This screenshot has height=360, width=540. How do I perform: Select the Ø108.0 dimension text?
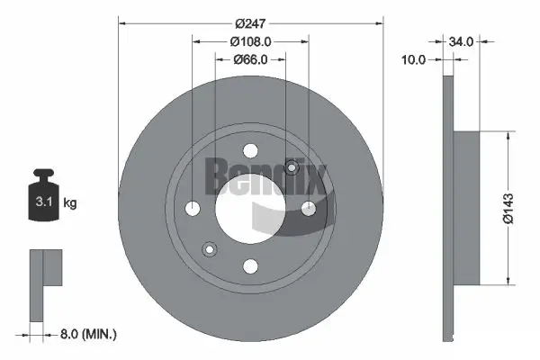(251, 41)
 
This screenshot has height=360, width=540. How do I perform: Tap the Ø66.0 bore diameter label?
(251, 59)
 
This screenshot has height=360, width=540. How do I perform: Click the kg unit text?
(70, 204)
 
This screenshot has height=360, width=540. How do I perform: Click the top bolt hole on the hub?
(251, 151)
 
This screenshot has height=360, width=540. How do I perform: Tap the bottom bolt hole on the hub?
(251, 265)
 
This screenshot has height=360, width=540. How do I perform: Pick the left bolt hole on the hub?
(193, 209)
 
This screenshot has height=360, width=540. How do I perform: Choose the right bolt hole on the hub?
(309, 209)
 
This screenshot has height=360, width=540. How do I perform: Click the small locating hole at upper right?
(291, 167)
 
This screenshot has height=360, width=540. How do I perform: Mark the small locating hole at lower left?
(211, 249)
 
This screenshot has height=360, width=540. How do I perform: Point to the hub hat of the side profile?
(467, 206)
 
